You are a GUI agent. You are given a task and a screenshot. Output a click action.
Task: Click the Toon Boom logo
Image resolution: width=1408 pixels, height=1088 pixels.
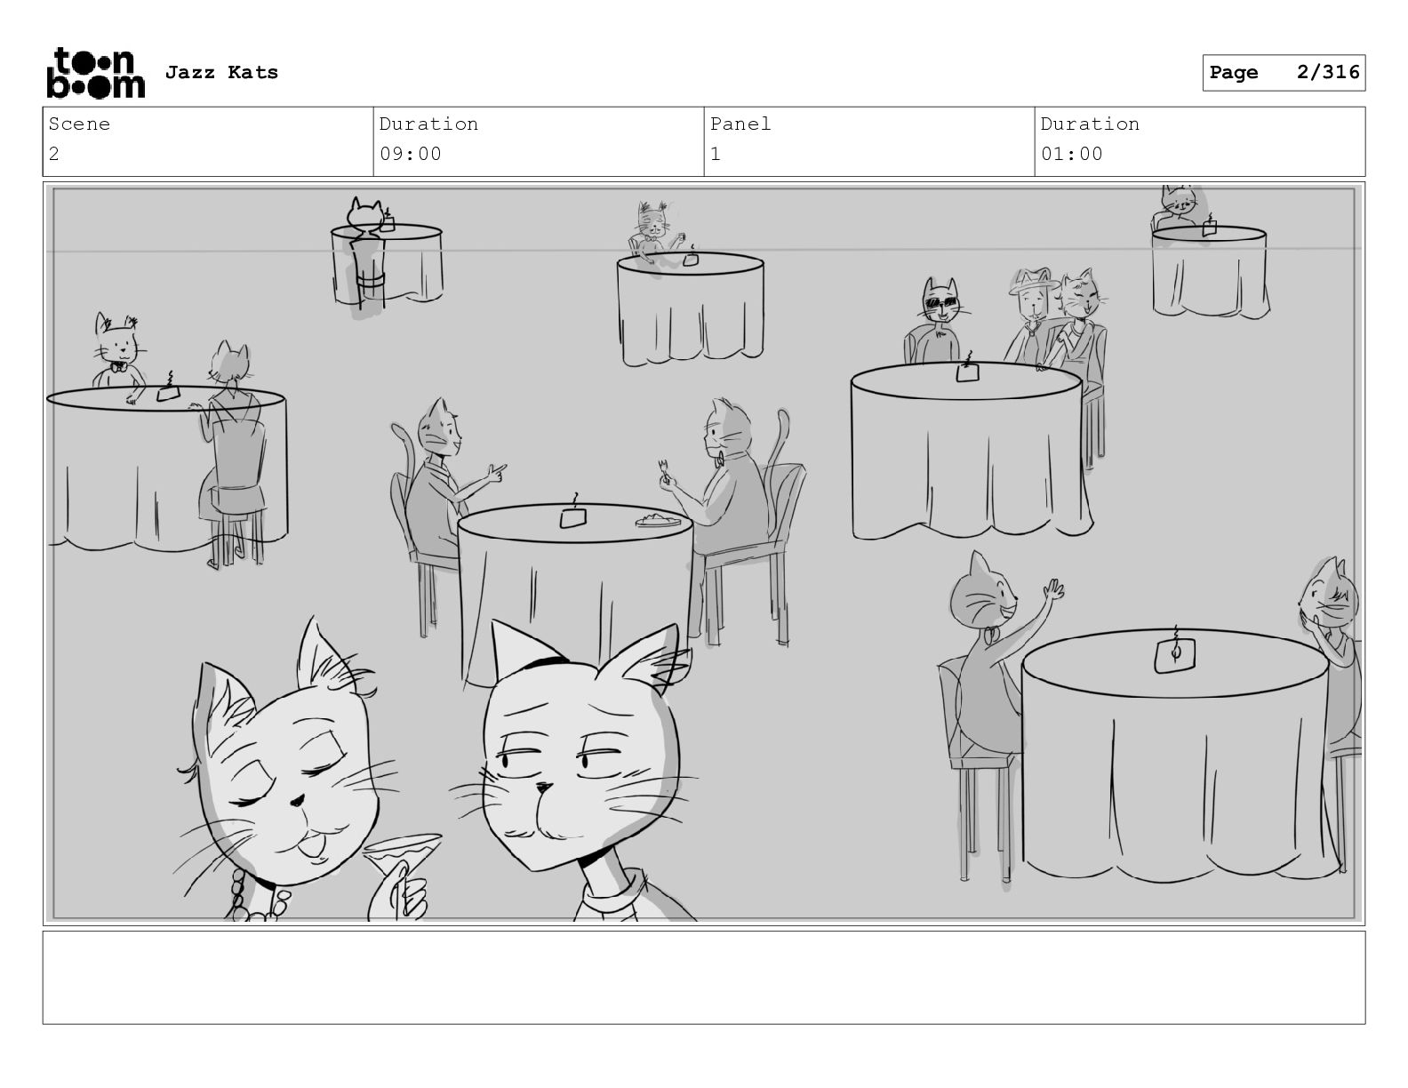click(x=96, y=73)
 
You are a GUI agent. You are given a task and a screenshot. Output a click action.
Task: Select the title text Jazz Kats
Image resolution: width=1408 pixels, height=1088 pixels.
click(x=221, y=72)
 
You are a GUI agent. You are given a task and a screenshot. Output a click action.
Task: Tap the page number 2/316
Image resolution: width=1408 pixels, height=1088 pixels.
click(x=1328, y=72)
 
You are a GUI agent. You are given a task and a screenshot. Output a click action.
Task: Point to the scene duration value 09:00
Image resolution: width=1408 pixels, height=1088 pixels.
click(x=410, y=154)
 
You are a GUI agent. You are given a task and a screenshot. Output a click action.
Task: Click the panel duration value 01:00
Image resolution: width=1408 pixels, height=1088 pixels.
click(x=1071, y=154)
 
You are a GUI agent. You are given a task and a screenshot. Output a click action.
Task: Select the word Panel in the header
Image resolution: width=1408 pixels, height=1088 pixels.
click(x=740, y=124)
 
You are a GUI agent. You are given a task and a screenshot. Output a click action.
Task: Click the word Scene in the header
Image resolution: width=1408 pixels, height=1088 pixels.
click(x=79, y=124)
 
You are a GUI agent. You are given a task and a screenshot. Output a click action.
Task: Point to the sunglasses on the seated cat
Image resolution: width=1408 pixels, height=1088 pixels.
click(x=940, y=302)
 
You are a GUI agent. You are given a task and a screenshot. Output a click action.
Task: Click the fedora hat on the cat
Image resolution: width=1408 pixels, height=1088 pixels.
click(x=1034, y=280)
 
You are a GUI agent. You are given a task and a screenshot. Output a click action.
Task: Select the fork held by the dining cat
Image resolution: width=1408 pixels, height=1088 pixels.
click(x=662, y=469)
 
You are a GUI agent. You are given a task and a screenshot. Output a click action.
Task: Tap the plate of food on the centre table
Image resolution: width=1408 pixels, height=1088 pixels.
click(x=658, y=519)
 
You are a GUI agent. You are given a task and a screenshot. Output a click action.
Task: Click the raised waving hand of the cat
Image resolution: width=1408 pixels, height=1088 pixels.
click(x=1053, y=590)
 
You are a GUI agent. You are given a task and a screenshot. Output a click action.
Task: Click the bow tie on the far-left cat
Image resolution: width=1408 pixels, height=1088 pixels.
click(x=118, y=367)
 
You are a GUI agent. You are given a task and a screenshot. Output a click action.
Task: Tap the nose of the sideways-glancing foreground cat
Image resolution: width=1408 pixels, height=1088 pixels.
click(x=544, y=788)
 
